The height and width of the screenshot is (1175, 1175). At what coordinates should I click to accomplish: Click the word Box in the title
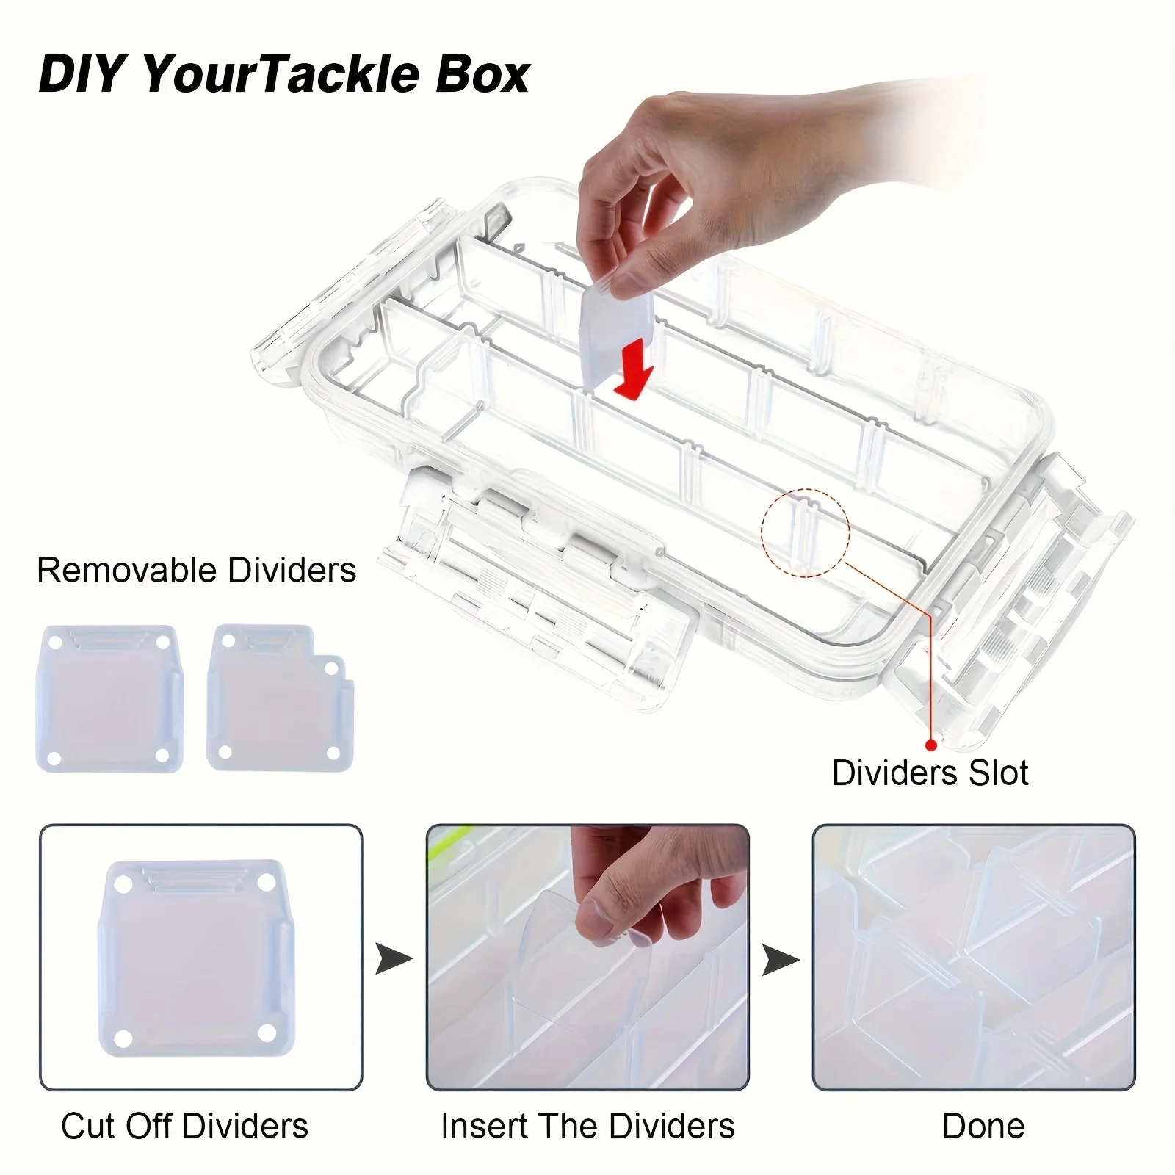click(x=482, y=74)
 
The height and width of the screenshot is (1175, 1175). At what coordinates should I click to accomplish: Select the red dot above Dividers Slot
click(x=931, y=745)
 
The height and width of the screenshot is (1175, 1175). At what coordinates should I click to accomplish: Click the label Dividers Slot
click(x=930, y=773)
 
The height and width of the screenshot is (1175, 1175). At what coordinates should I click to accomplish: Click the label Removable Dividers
click(x=196, y=571)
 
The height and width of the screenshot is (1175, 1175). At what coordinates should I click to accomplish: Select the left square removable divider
click(x=109, y=698)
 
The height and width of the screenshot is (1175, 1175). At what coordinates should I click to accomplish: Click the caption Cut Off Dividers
click(x=184, y=1126)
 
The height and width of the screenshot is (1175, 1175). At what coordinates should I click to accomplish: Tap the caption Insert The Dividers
click(x=587, y=1126)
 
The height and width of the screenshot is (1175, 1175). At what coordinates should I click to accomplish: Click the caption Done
click(x=983, y=1126)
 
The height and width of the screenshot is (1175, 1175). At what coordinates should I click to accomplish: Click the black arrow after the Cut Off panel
click(x=394, y=959)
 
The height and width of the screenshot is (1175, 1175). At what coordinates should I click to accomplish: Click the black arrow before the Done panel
click(x=781, y=959)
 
